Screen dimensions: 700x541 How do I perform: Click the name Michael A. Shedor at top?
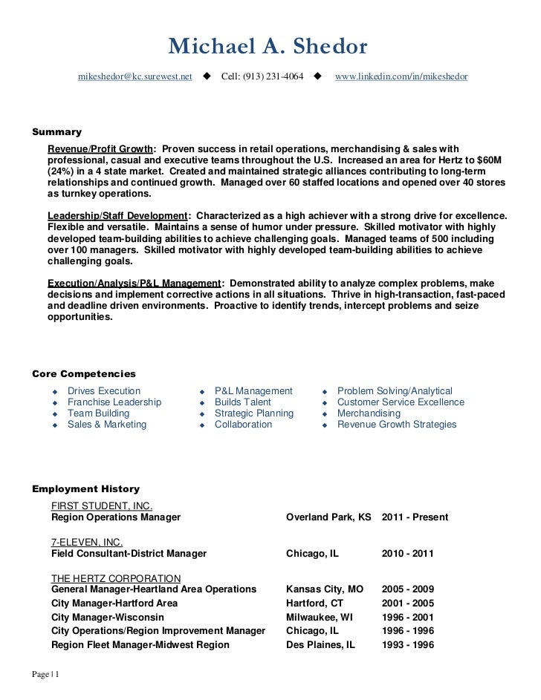coord(268,47)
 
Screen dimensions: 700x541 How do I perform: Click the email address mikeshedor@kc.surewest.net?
coord(135,77)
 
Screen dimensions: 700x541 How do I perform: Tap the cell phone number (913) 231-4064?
coord(262,77)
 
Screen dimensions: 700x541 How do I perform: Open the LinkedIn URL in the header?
coord(401,77)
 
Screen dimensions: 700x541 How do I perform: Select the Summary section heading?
coord(56,132)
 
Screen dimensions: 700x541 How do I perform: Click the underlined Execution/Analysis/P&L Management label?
coord(134,283)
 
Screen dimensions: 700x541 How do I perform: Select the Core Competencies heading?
coord(84,373)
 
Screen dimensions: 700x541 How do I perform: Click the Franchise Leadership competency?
coord(114,402)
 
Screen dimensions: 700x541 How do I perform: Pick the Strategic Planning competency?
coord(253,413)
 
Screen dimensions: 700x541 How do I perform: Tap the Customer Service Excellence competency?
coord(401,402)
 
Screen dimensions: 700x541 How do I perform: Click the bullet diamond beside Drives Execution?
coord(54,392)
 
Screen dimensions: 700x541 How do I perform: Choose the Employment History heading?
coord(85,489)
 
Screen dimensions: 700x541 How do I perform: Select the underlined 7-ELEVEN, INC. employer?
coord(86,542)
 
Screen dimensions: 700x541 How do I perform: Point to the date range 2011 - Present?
coord(415,517)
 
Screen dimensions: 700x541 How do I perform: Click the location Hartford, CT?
coord(314,603)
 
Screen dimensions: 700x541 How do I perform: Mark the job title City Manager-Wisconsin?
coord(108,618)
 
